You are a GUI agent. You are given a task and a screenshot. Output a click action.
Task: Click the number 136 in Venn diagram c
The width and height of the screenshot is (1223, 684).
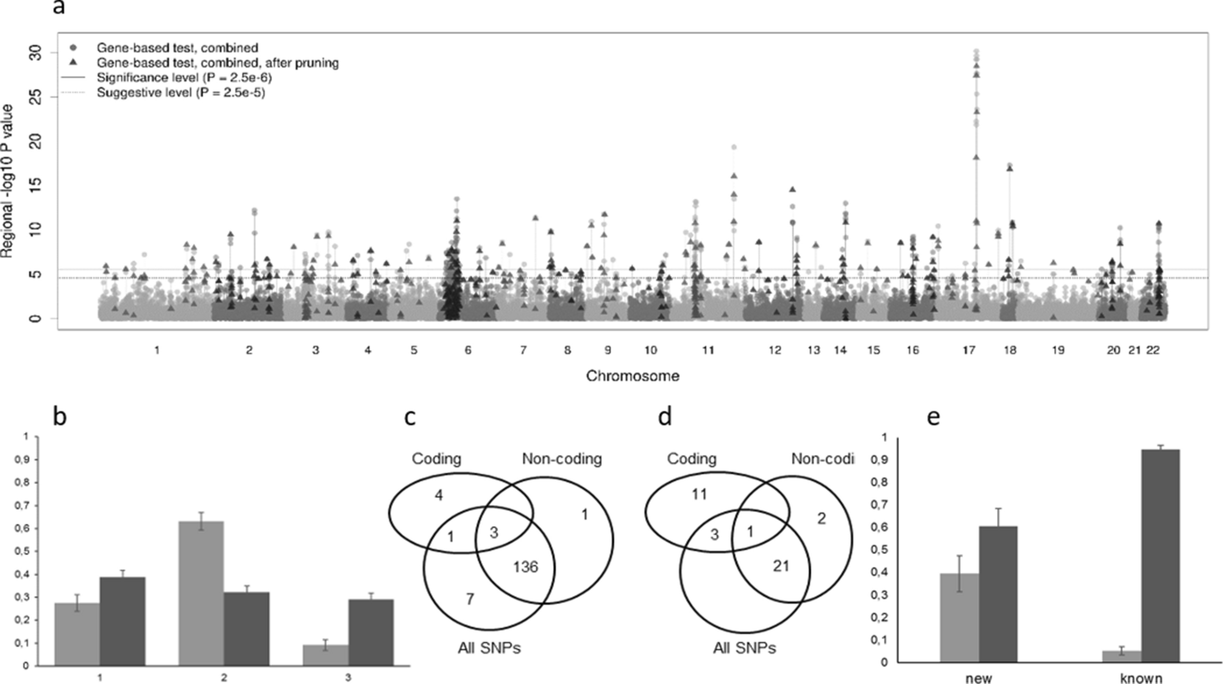[525, 567]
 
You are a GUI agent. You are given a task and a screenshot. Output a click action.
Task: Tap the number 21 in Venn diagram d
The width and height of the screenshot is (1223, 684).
[781, 566]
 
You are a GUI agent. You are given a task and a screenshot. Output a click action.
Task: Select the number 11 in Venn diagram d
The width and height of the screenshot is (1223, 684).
[699, 494]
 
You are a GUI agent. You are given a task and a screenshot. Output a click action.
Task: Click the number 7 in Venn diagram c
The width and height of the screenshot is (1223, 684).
[470, 599]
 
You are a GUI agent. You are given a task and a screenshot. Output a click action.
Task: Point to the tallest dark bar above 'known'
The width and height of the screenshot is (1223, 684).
[1160, 555]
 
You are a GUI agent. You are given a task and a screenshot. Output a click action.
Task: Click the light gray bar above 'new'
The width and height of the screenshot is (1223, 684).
[959, 617]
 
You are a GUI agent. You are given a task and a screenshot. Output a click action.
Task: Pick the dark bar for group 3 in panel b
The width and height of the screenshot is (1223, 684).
[371, 632]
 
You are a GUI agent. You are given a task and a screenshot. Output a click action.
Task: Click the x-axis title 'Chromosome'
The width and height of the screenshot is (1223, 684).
[633, 376]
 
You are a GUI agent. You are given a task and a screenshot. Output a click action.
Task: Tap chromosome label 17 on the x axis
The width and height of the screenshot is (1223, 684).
[969, 351]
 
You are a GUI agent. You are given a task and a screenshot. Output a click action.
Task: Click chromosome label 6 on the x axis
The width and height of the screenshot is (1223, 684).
[468, 351]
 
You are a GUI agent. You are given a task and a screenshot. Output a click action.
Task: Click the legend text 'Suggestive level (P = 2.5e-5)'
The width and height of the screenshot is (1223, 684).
[181, 93]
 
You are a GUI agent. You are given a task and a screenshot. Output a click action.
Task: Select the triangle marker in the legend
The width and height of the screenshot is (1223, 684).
[73, 62]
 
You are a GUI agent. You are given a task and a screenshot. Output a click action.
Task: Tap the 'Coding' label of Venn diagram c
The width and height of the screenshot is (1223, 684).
[436, 458]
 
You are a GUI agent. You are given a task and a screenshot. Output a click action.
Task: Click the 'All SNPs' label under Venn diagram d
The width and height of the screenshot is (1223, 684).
[745, 648]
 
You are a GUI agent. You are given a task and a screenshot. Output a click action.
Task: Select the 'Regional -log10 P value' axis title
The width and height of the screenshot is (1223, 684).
[7, 181]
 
